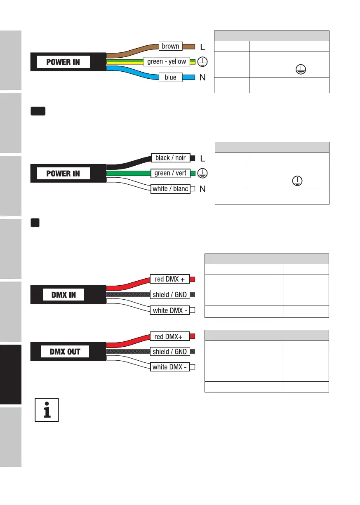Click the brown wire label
click(170, 46)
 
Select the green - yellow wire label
click(167, 62)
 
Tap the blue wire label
click(170, 77)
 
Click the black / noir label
click(170, 158)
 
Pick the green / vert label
click(170, 173)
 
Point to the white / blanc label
click(170, 189)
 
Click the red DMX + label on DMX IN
click(169, 280)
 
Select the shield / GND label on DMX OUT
click(169, 352)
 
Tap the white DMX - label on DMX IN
click(169, 310)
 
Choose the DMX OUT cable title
click(65, 352)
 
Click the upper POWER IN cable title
click(63, 62)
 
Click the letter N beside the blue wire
click(202, 78)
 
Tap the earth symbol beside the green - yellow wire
click(202, 62)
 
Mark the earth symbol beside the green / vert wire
click(202, 173)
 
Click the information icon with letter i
click(46, 409)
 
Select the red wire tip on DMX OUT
click(192, 336)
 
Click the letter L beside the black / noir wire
click(202, 158)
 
